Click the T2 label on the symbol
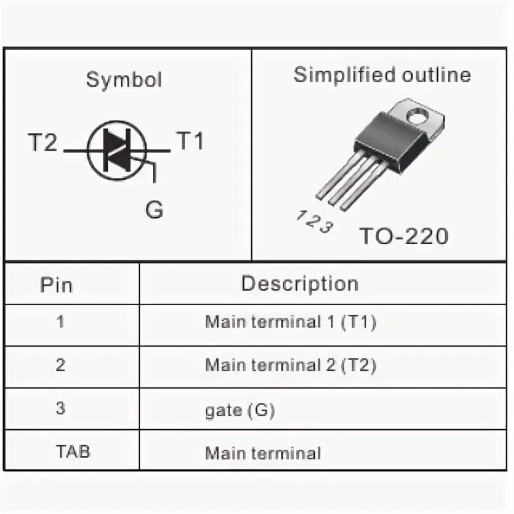point(42,142)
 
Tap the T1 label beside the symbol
point(190,141)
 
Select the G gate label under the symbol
point(154,209)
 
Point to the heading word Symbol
point(124,80)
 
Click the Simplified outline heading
point(382,75)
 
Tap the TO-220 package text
point(403,236)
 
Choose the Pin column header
point(57,284)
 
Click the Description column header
point(299,283)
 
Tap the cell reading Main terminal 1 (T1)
point(290,322)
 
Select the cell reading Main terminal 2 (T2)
point(290,365)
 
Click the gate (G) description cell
point(240,410)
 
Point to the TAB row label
point(73,451)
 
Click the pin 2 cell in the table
point(60,365)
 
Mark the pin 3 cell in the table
point(60,409)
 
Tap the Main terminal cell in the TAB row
point(263,453)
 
